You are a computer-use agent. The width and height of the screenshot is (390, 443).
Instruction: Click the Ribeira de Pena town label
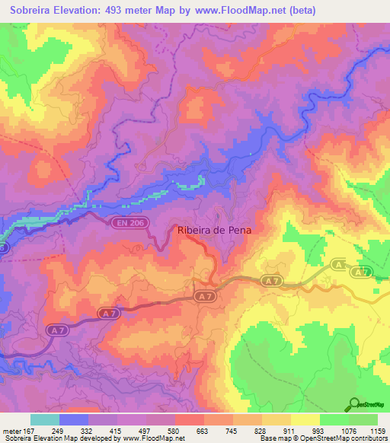point(214,230)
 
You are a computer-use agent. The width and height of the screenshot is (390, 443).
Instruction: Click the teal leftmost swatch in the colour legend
point(44,419)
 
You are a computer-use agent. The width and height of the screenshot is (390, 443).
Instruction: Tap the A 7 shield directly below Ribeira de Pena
point(202,295)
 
